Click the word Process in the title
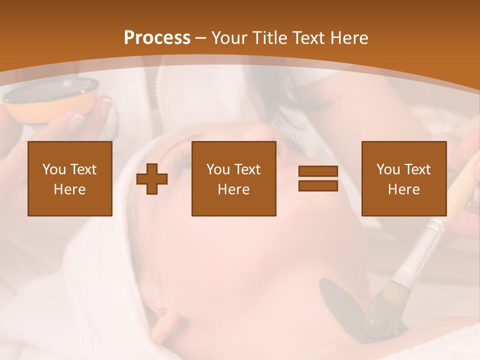click(x=157, y=38)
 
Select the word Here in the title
click(x=348, y=38)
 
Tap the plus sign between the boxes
click(x=152, y=179)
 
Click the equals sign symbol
click(x=318, y=178)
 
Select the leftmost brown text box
click(x=70, y=178)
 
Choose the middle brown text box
click(x=234, y=178)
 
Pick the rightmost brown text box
click(x=404, y=178)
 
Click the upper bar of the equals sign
click(x=318, y=171)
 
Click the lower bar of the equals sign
click(x=318, y=185)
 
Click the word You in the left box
click(x=53, y=169)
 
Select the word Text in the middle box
click(x=247, y=169)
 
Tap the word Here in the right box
click(x=404, y=189)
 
